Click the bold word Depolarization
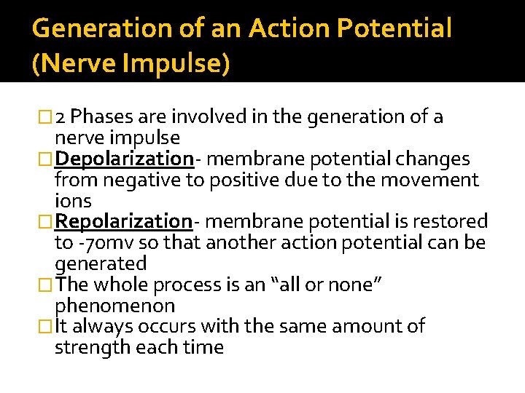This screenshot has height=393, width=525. point(123,159)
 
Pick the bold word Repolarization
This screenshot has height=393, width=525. point(123,221)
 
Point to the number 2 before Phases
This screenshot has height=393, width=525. point(62,116)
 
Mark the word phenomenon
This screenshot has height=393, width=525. point(114,306)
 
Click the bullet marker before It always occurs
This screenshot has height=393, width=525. point(47,327)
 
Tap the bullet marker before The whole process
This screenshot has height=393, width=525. point(47,285)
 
